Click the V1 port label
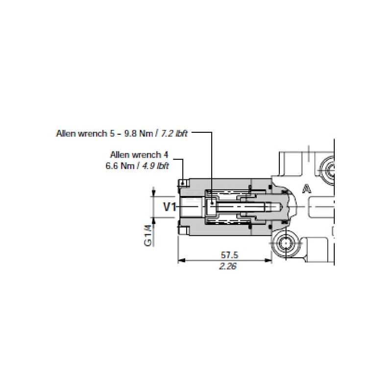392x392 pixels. [170, 207]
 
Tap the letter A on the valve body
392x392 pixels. [307, 189]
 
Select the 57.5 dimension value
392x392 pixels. [229, 255]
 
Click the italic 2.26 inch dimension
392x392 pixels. [227, 266]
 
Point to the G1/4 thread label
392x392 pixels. [148, 235]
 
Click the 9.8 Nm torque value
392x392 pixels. [139, 133]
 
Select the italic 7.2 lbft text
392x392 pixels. [174, 133]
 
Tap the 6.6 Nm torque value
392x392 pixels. [120, 166]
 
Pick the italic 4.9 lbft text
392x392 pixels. [155, 166]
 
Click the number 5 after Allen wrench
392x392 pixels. [112, 133]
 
